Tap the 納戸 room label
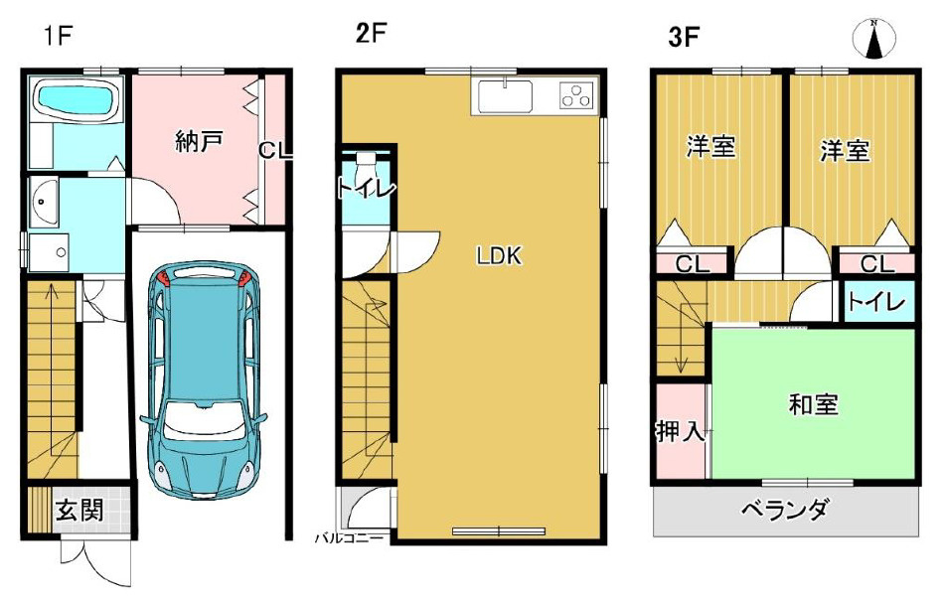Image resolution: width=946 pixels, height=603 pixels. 199,142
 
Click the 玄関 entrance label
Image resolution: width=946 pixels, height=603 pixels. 79,511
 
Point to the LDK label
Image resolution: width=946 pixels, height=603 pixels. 499,256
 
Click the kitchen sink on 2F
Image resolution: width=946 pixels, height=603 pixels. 506,96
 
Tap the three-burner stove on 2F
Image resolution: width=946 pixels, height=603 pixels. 576,95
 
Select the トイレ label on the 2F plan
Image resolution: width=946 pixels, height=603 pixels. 367,189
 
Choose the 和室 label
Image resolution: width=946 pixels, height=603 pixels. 813,404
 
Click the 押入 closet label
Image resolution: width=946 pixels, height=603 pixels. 680,431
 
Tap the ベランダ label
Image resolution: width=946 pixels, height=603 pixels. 784,511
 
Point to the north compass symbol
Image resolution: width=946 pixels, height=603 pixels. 873,39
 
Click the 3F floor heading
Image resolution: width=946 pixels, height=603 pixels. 684,37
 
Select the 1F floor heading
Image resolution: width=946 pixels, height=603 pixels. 58,36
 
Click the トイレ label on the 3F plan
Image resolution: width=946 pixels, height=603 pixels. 876,301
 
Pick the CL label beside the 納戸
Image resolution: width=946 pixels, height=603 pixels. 275,150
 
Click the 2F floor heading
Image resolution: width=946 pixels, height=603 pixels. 371,33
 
